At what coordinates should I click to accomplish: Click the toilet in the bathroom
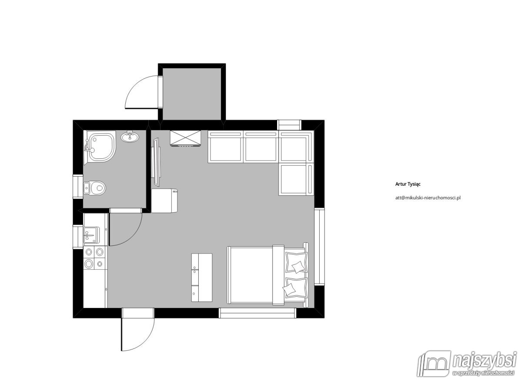(95, 188)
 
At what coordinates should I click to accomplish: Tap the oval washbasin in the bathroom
(130, 137)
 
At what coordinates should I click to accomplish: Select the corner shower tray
(100, 147)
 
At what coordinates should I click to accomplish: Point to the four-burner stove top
(94, 258)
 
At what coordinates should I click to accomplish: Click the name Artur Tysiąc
(408, 184)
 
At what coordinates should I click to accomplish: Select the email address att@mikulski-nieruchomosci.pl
(428, 198)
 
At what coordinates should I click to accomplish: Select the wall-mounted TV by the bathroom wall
(156, 162)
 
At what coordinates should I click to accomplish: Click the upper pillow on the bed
(296, 262)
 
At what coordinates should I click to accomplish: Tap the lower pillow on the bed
(295, 288)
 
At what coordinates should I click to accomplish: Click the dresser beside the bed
(202, 278)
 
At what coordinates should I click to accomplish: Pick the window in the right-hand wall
(319, 246)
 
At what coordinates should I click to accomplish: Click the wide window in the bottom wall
(257, 313)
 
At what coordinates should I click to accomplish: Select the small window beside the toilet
(78, 187)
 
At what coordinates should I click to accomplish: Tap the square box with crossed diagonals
(185, 138)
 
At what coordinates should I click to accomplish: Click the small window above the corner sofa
(289, 125)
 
